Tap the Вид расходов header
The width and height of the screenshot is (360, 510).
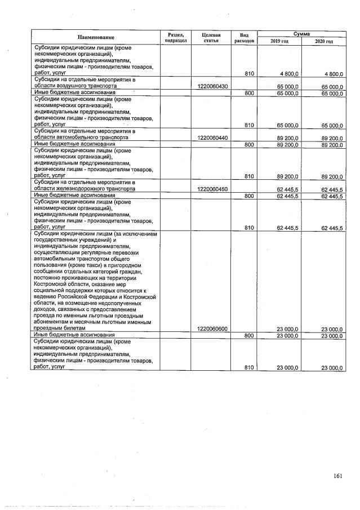(244, 37)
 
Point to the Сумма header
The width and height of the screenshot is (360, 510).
(301, 34)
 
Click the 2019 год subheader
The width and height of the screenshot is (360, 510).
(279, 41)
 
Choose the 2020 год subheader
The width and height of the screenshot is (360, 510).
(324, 41)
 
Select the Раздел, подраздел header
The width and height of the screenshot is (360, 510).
(175, 37)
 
